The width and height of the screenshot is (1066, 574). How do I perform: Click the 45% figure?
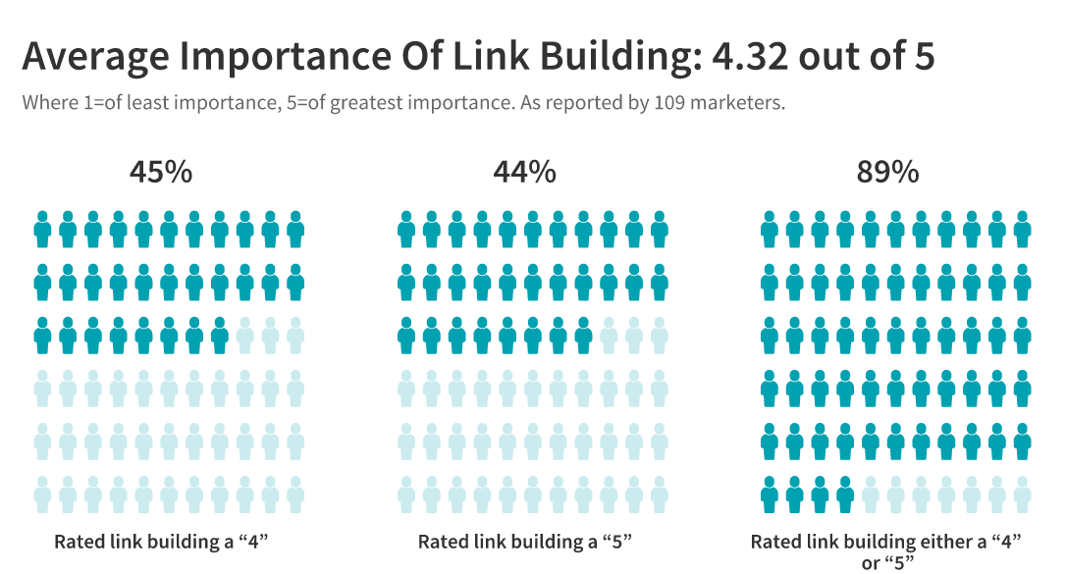tap(161, 173)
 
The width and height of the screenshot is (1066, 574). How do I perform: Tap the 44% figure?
tap(524, 173)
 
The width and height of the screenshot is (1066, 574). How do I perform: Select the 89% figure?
tap(888, 173)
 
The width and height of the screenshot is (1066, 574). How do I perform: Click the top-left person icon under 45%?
tap(42, 230)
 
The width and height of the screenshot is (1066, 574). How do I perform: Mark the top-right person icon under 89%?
tap(1023, 230)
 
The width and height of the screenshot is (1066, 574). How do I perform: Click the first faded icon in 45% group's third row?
tap(245, 336)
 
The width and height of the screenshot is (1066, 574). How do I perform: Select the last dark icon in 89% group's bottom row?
tap(845, 495)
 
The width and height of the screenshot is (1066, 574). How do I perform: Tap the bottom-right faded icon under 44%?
tap(660, 495)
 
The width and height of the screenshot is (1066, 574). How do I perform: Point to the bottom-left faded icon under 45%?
tap(42, 495)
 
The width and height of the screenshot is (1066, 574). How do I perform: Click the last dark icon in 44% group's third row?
tap(583, 336)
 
